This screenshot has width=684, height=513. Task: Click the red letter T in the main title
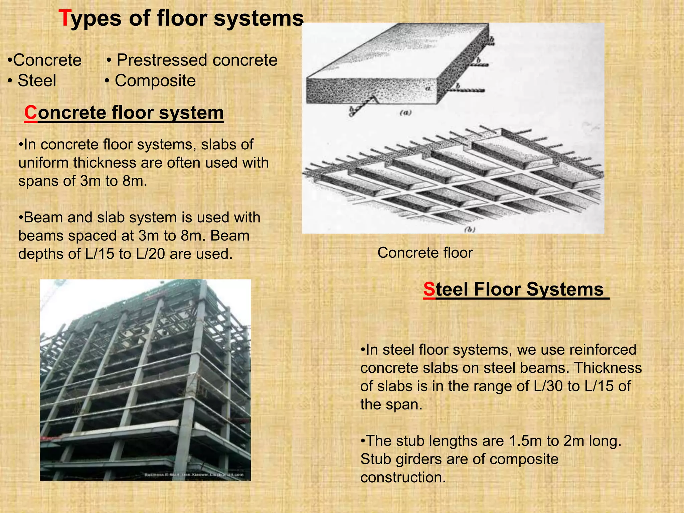point(64,18)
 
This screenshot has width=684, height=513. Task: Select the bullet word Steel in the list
point(37,81)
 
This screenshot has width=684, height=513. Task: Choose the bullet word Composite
point(155,81)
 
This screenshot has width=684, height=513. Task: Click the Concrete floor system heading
point(124,113)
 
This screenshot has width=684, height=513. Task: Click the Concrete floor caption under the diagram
point(425,253)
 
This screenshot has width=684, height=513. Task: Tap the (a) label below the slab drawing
point(405,113)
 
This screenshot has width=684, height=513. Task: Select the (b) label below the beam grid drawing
point(469,229)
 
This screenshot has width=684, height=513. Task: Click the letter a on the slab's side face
point(428,89)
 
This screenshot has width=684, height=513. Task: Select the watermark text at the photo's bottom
point(194,475)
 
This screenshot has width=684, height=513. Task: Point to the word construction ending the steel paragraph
point(403,478)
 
